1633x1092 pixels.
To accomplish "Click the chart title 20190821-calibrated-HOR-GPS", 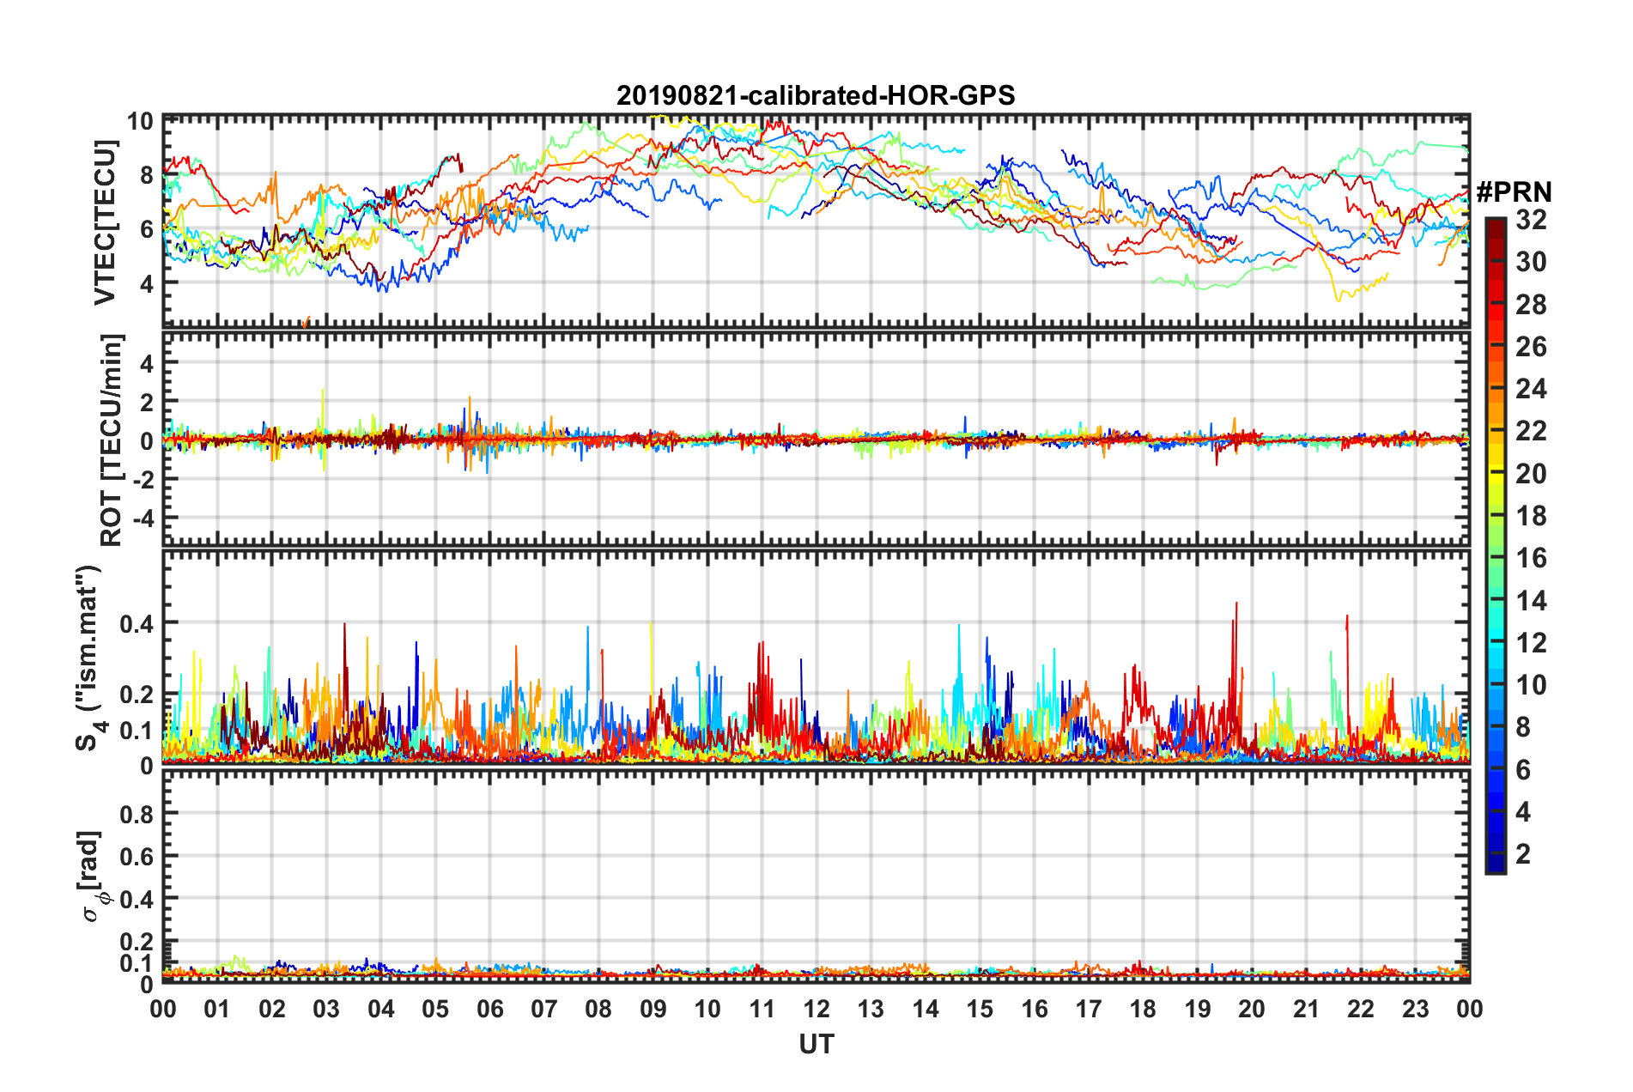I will click(x=816, y=95).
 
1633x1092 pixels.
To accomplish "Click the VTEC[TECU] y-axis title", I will click(x=105, y=223).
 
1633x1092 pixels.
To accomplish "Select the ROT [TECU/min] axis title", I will click(x=112, y=440).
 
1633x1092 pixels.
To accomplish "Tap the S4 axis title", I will click(x=91, y=658).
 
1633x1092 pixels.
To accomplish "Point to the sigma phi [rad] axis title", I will click(x=93, y=876).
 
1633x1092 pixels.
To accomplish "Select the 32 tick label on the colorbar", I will click(x=1530, y=220).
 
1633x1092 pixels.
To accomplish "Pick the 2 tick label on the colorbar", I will click(x=1523, y=853).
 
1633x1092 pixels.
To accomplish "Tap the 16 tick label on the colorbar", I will click(x=1530, y=558).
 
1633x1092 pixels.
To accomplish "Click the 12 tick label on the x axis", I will click(x=816, y=1009).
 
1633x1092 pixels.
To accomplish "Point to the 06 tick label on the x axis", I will click(x=489, y=1009).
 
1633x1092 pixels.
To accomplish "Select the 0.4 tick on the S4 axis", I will click(x=137, y=623).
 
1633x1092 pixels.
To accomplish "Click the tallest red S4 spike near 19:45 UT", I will click(x=1236, y=604).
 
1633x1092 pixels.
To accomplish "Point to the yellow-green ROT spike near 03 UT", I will click(x=323, y=391).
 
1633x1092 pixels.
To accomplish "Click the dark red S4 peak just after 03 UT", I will click(x=344, y=625).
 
